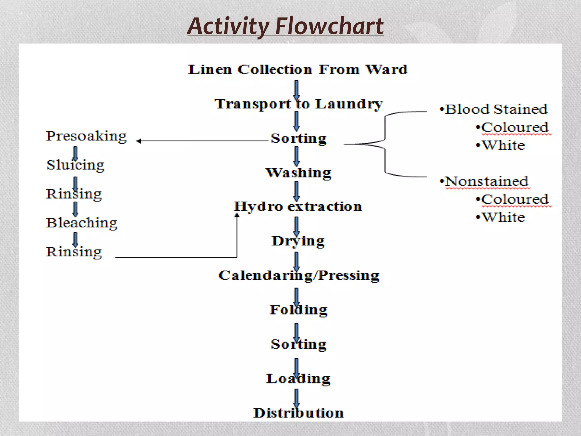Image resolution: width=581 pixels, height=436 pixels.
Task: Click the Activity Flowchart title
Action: [285, 26]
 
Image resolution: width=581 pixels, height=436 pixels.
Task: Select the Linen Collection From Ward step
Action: [298, 70]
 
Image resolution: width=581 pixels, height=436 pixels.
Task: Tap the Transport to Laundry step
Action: [298, 104]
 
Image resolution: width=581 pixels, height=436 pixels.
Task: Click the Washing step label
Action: [298, 173]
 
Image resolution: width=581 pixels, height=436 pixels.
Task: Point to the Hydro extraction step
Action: [298, 206]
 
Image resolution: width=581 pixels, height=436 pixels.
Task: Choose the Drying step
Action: [298, 241]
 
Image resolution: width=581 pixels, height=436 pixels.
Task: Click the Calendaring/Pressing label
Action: [298, 275]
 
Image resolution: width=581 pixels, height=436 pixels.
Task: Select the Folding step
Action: [298, 310]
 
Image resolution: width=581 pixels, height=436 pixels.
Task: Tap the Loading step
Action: [298, 378]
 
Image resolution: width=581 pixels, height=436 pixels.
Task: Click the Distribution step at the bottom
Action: [298, 413]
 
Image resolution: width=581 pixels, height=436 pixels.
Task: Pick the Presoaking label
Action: [86, 136]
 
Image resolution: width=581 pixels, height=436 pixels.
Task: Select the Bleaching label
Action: [81, 223]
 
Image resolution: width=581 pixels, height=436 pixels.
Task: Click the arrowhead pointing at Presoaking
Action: [138, 141]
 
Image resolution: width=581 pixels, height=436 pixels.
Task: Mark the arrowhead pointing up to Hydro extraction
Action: [237, 215]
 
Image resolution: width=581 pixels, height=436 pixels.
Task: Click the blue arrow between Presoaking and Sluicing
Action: [75, 153]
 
